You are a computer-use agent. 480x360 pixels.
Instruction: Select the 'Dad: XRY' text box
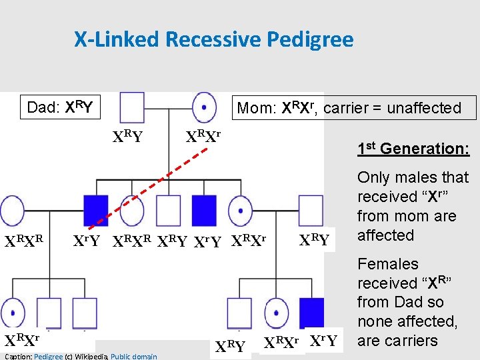(x=59, y=107)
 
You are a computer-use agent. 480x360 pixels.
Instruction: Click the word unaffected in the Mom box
(x=428, y=108)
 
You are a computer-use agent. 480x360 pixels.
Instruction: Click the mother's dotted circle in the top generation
(x=204, y=106)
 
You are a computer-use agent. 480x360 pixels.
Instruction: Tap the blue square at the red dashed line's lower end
(x=95, y=210)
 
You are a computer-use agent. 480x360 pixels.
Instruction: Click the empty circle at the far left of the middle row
(x=13, y=211)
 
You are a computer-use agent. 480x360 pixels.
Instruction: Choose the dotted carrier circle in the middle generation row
(x=239, y=211)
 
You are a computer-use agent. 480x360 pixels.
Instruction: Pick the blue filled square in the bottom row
(x=311, y=311)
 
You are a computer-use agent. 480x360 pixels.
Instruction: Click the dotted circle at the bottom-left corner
(x=13, y=311)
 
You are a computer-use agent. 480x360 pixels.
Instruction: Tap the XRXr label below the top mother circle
(x=203, y=137)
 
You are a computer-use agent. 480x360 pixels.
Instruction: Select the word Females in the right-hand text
(x=387, y=264)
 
